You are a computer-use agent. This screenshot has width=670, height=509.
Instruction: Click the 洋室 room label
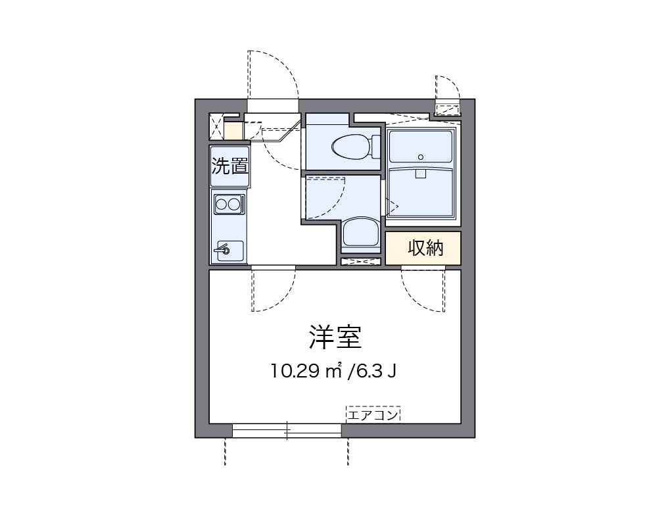pyautogui.click(x=335, y=337)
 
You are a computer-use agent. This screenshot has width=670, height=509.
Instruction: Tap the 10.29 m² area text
pyautogui.click(x=308, y=372)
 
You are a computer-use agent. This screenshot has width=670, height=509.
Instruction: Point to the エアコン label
pyautogui.click(x=373, y=415)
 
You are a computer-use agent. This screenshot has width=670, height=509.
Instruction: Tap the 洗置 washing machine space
pyautogui.click(x=229, y=166)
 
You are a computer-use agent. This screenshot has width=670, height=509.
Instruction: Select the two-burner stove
pyautogui.click(x=228, y=205)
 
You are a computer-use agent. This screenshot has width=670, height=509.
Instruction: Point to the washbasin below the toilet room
pyautogui.click(x=360, y=234)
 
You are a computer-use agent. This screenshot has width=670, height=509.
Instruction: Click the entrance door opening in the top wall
pyautogui.click(x=273, y=106)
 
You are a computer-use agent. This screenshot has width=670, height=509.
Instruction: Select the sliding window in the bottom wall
pyautogui.click(x=287, y=431)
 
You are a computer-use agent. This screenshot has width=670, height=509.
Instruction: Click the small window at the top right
pyautogui.click(x=449, y=109)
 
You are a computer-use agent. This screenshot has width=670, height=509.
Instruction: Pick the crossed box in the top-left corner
pyautogui.click(x=216, y=126)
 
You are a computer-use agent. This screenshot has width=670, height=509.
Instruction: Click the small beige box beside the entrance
pyautogui.click(x=233, y=129)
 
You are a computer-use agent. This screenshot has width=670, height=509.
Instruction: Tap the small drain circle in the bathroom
pyautogui.click(x=421, y=157)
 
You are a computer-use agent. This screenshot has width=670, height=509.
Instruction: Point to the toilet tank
pyautogui.click(x=375, y=146)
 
